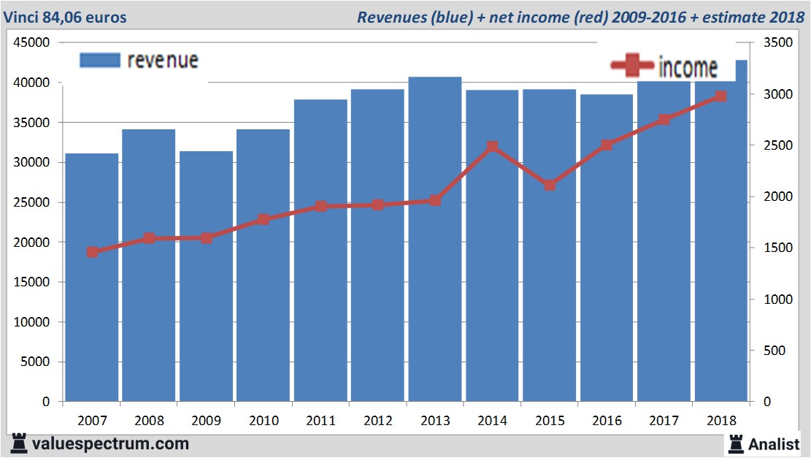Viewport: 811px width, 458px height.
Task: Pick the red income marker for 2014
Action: (x=492, y=147)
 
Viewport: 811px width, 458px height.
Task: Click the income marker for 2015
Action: (x=550, y=185)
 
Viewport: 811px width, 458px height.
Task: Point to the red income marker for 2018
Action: (x=720, y=96)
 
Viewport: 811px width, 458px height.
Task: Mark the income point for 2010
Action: (x=264, y=219)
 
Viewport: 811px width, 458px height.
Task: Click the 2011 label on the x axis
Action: (x=320, y=421)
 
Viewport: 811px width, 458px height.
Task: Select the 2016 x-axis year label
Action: (x=607, y=421)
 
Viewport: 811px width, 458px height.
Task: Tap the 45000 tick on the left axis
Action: (x=32, y=43)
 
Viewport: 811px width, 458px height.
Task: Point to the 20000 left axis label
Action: (x=32, y=243)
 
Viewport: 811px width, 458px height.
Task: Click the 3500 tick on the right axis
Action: (x=776, y=43)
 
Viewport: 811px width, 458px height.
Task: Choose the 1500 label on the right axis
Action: (x=776, y=248)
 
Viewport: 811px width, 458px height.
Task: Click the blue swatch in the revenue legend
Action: (x=99, y=60)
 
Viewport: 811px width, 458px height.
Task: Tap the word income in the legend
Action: (x=688, y=67)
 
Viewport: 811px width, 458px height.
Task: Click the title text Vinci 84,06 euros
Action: (x=64, y=17)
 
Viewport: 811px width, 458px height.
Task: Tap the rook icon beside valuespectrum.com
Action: (x=19, y=443)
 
